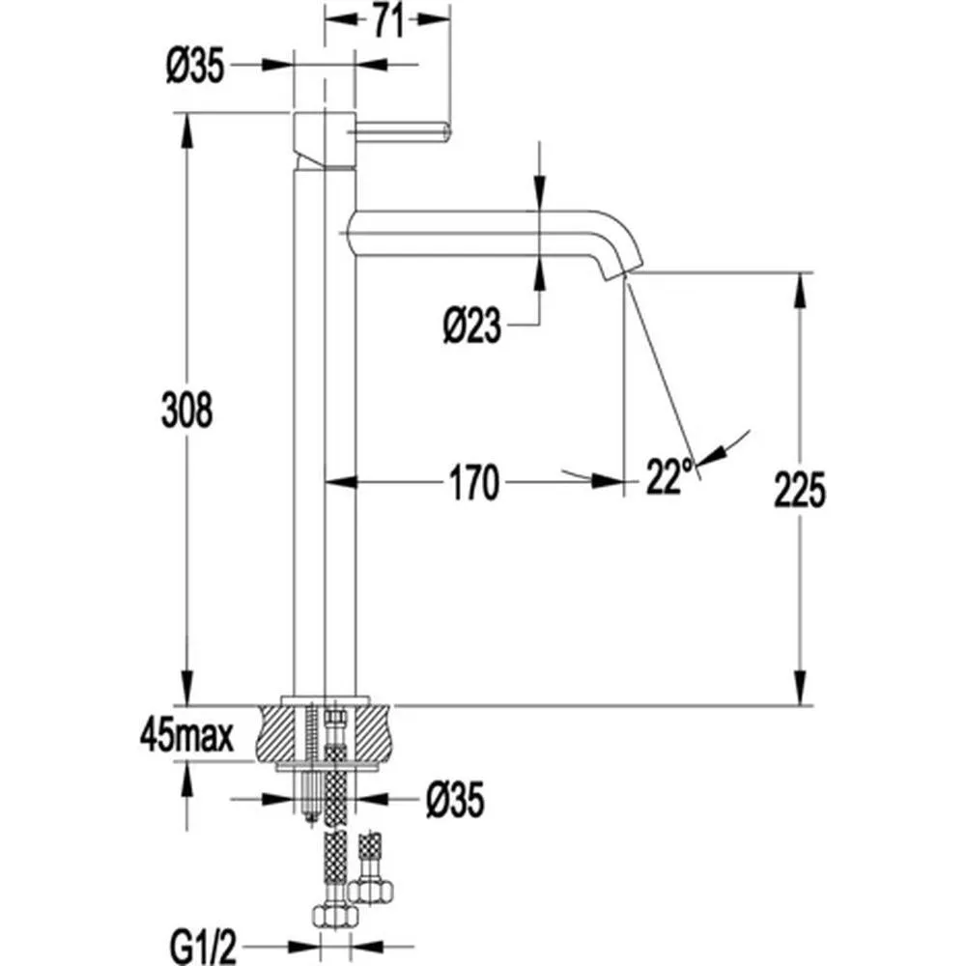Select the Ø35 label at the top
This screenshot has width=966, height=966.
coord(195,66)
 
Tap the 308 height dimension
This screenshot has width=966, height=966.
coord(185,410)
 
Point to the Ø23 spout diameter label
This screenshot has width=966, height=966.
coord(472,327)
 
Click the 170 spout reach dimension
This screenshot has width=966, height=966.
coord(472,482)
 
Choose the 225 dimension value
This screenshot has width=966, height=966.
coord(800,491)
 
